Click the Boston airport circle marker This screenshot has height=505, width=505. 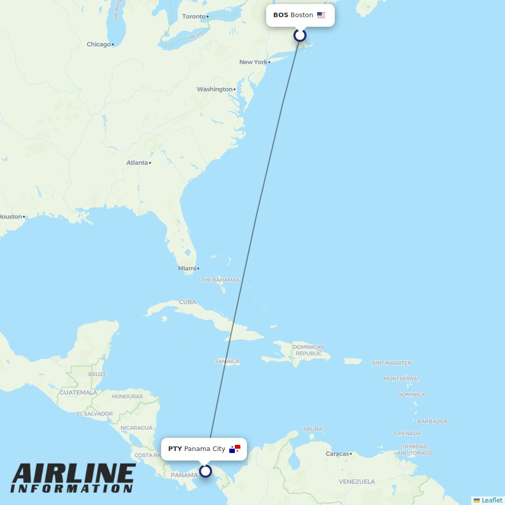[x=300, y=35]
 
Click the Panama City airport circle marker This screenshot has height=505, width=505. [x=206, y=471]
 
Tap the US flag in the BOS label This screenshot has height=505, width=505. [x=321, y=15]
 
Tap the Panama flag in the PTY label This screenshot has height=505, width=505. [x=235, y=449]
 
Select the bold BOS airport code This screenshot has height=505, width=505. [x=281, y=15]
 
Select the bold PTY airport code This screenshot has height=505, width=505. [x=175, y=449]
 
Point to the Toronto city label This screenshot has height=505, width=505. [x=194, y=17]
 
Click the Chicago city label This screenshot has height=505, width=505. [x=98, y=44]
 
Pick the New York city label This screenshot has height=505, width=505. [x=254, y=62]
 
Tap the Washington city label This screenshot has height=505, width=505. [x=215, y=89]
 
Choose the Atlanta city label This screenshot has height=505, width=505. [x=137, y=163]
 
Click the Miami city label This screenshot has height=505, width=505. [x=187, y=269]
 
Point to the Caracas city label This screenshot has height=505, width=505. [x=337, y=454]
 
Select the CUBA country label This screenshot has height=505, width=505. [x=187, y=302]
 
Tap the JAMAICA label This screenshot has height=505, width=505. [x=227, y=362]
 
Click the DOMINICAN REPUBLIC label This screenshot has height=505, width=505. [x=309, y=350]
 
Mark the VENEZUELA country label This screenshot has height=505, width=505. [x=357, y=482]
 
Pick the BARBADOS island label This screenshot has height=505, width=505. [x=432, y=421]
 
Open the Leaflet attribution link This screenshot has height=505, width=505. [x=491, y=500]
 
